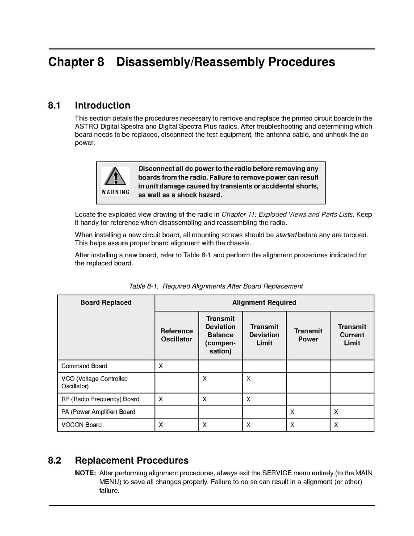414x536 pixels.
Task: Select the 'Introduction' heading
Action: [x=103, y=106]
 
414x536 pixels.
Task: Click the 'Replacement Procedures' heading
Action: [x=132, y=461]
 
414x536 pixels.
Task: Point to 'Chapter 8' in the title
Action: [x=76, y=62]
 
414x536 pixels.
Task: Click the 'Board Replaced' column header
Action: [x=106, y=302]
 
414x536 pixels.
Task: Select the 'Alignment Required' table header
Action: [x=264, y=302]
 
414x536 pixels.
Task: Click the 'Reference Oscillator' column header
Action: [x=176, y=335]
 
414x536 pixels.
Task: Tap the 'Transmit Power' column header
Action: [x=308, y=335]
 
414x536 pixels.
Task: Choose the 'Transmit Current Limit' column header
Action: [x=352, y=335]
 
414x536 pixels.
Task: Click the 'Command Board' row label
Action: [x=84, y=366]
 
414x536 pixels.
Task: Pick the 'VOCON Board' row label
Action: [x=81, y=425]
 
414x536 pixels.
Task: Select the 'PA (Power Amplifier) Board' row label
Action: [x=98, y=412]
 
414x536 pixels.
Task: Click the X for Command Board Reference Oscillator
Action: [x=161, y=366]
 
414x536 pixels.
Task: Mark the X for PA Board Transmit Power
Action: [x=292, y=412]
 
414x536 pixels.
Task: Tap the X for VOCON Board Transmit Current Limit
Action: [x=336, y=425]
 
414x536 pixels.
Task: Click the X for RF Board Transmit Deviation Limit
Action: [x=248, y=399]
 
